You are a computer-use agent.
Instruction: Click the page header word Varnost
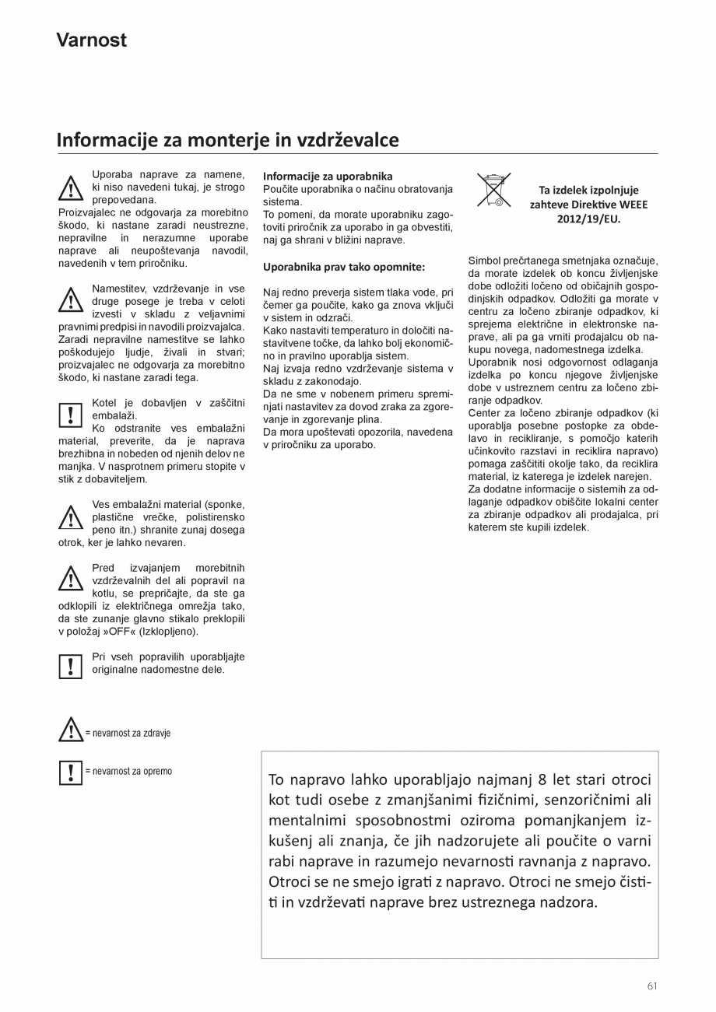pyautogui.click(x=91, y=40)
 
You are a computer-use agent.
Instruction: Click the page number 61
pyautogui.click(x=651, y=986)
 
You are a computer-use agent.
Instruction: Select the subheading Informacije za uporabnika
pyautogui.click(x=328, y=177)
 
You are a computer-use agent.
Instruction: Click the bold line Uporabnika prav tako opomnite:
pyautogui.click(x=344, y=267)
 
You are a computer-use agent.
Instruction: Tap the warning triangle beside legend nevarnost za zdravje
pyautogui.click(x=71, y=730)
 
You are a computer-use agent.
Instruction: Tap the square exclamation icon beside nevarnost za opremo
pyautogui.click(x=71, y=772)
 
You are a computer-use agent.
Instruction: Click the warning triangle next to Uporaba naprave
pyautogui.click(x=71, y=189)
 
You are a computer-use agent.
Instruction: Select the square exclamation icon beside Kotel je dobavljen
pyautogui.click(x=71, y=415)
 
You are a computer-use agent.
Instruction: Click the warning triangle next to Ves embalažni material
pyautogui.click(x=71, y=517)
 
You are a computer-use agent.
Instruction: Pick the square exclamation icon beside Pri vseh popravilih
pyautogui.click(x=71, y=667)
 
